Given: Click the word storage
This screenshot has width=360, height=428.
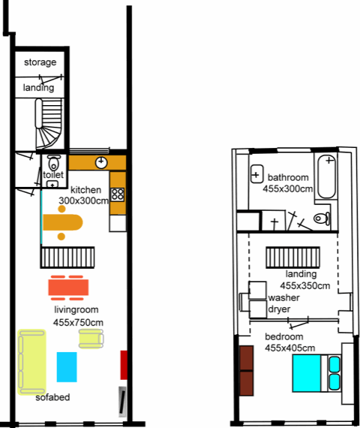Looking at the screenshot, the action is [x=40, y=62].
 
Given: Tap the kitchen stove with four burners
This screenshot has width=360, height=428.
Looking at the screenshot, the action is [x=118, y=194].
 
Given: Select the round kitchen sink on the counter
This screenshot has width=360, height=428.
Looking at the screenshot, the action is [x=101, y=162].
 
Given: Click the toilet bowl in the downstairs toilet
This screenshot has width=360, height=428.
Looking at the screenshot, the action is [x=54, y=163].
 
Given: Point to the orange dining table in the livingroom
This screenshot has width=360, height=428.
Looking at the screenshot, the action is [x=68, y=288].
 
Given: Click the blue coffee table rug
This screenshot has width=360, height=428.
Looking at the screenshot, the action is [x=67, y=367].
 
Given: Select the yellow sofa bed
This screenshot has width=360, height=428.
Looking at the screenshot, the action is [x=31, y=362].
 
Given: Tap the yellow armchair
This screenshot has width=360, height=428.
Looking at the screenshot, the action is [x=91, y=339].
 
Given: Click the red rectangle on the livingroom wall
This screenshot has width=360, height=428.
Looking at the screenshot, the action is [x=124, y=365].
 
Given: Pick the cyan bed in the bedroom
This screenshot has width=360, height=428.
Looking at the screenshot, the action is [x=316, y=373].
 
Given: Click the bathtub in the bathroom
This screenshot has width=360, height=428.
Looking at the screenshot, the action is [x=326, y=176].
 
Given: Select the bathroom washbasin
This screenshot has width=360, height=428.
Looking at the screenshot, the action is [x=256, y=174].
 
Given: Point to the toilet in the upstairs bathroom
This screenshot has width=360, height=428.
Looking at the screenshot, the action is [x=322, y=219].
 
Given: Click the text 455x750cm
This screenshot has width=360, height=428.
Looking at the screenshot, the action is [x=78, y=323].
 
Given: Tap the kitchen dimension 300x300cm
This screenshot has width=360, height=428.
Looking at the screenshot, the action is [x=84, y=201].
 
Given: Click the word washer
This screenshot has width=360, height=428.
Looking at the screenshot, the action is [x=284, y=297].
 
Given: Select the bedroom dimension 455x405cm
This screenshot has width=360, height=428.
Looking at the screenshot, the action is [x=290, y=348].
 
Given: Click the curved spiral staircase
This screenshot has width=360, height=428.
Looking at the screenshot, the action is [x=49, y=123].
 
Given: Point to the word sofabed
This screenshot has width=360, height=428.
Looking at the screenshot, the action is [x=52, y=397].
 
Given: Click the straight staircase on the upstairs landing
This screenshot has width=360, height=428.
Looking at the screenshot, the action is [x=293, y=258].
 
